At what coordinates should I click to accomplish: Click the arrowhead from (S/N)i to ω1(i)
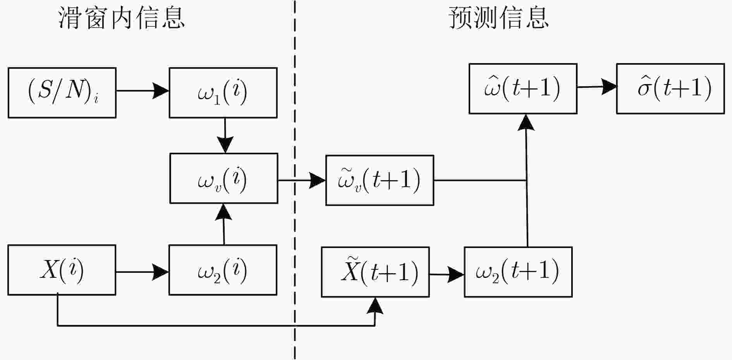coord(161,91)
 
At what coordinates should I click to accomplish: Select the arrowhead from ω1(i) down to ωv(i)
coord(225,145)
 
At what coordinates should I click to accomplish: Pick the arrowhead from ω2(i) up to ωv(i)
coord(223,212)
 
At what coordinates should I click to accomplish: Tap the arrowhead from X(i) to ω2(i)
coord(160,272)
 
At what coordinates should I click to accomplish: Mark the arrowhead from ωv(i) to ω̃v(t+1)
coord(317,180)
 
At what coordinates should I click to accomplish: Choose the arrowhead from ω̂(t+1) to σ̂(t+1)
coord(609,87)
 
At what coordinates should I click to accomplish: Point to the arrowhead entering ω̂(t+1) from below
coord(526,122)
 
